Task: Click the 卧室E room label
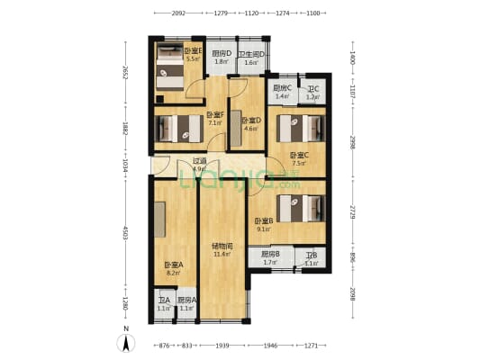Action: coord(193,51)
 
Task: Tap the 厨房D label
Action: coord(222,53)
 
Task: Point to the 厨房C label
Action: coord(282,87)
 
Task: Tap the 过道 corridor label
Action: coord(199,162)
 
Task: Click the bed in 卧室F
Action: coord(178,128)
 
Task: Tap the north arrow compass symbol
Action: coord(127,341)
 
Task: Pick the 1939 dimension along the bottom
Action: coord(222,346)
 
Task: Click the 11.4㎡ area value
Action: coord(222,255)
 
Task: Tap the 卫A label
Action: coord(163,301)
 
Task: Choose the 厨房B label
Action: coord(270,255)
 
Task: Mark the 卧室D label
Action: coord(251,120)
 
